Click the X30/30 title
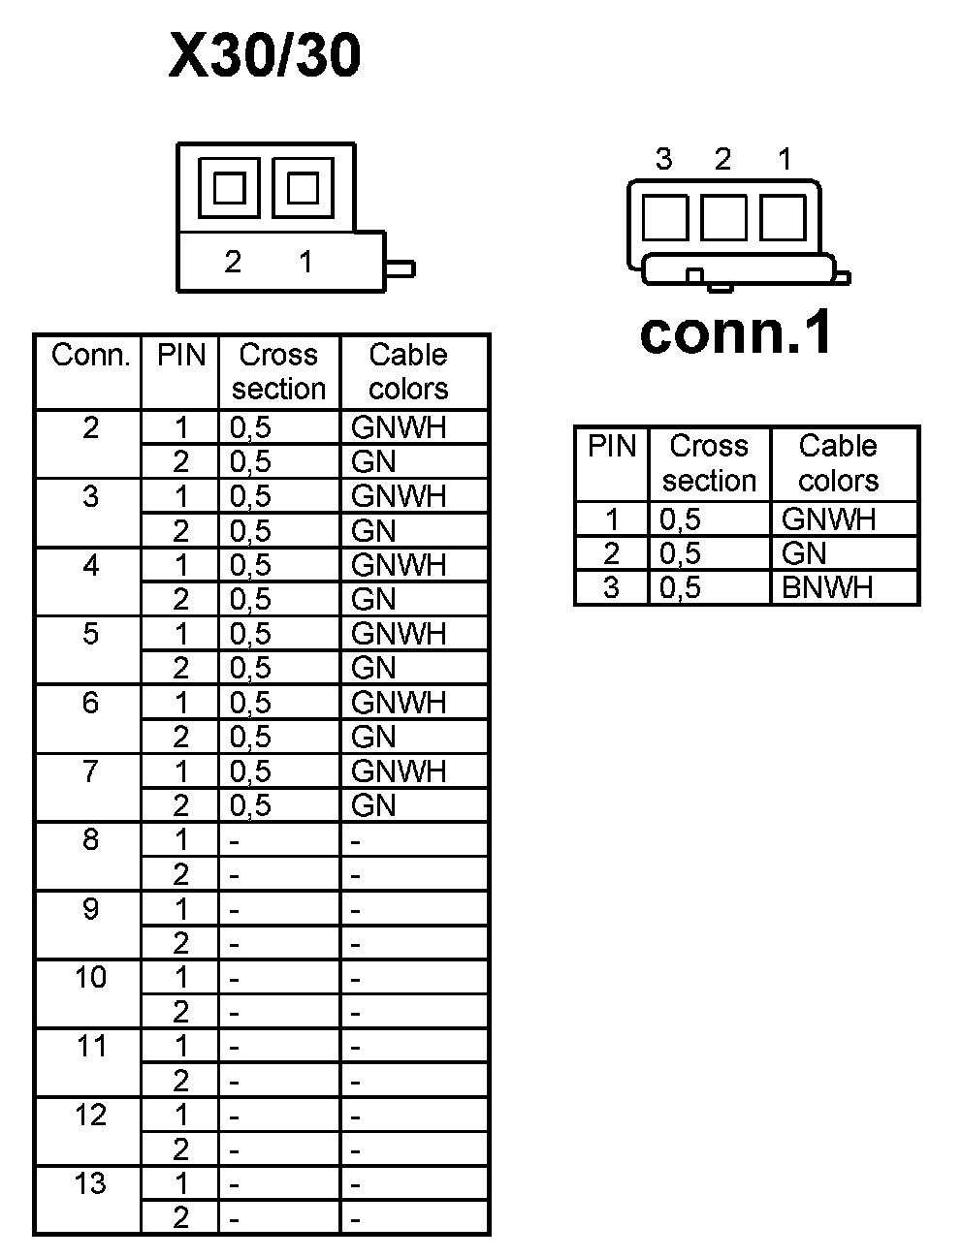coord(265,55)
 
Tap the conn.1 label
coord(736,332)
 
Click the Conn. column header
coord(90,356)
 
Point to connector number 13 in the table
coord(90,1183)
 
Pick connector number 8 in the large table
coord(90,839)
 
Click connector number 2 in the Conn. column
coord(90,427)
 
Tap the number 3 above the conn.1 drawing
coord(663,159)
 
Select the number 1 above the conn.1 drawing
coord(785,159)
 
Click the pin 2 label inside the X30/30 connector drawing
coord(233,262)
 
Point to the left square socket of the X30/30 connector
coord(229,188)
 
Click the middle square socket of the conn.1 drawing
coord(723,217)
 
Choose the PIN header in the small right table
coord(612,447)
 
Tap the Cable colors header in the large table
coord(408,372)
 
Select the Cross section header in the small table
coord(709,463)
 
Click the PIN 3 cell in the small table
coord(611,587)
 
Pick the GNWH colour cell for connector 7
coord(399,771)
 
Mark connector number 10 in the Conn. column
coord(90,977)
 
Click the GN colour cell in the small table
coord(804,553)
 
